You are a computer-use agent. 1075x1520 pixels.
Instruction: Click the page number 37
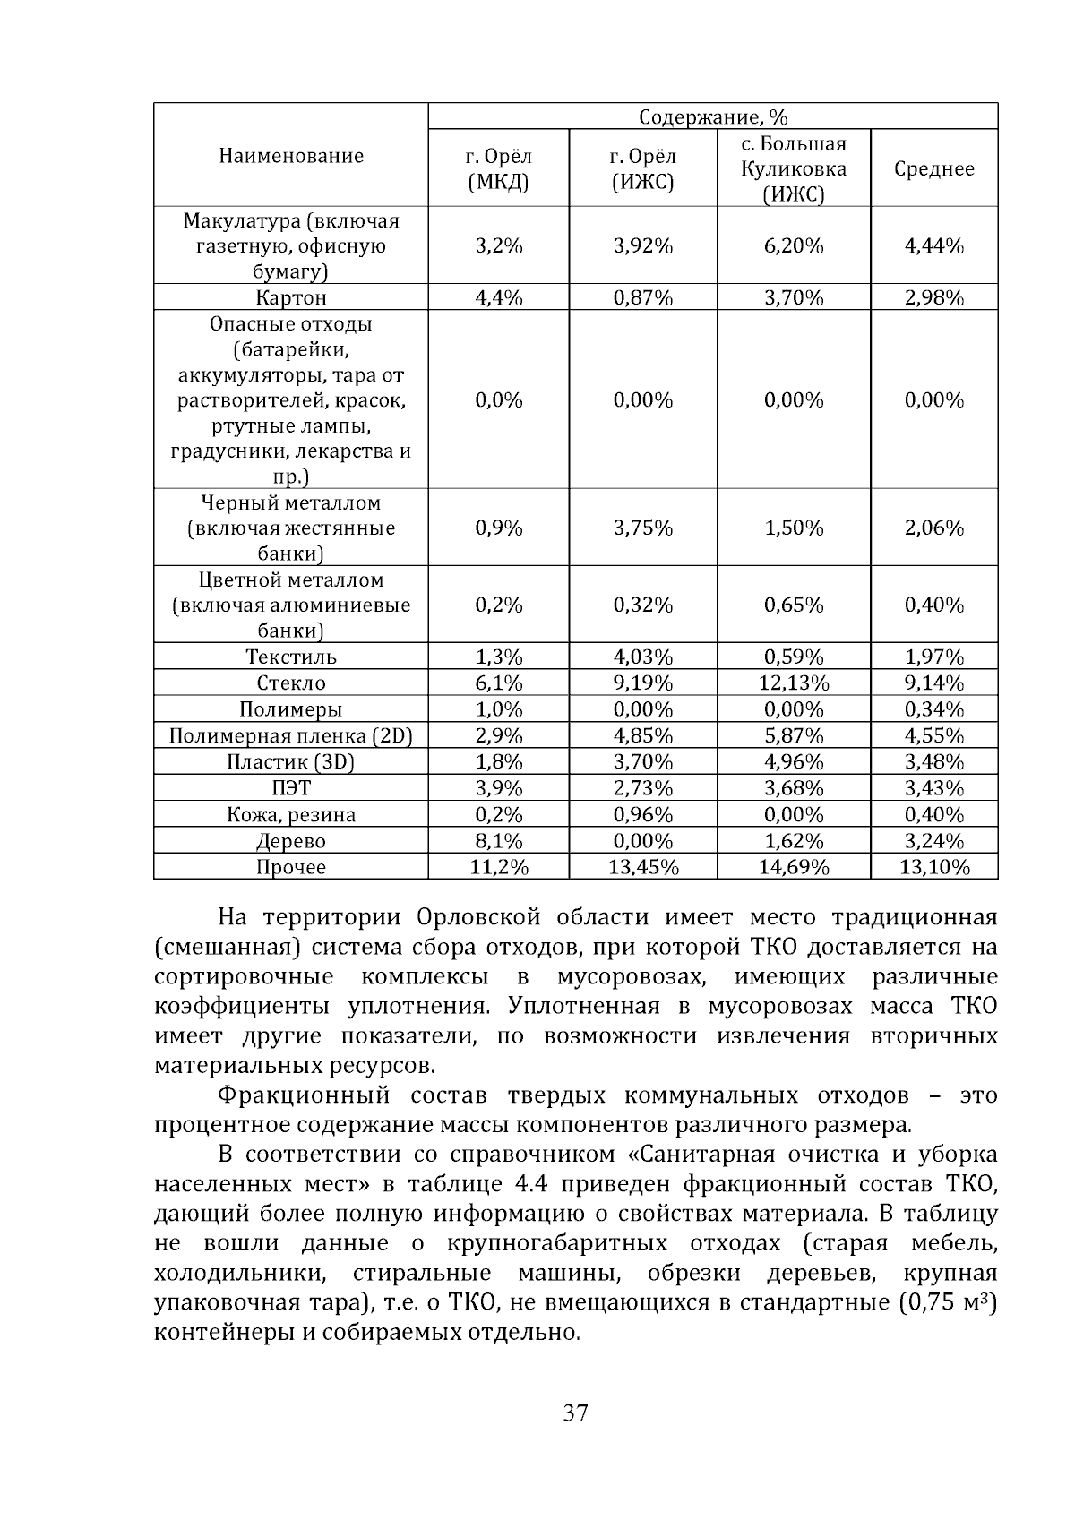(x=575, y=1413)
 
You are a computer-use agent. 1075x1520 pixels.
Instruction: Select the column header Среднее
(x=933, y=169)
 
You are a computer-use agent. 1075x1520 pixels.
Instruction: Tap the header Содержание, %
(x=712, y=117)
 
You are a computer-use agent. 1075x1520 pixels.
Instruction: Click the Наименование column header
(x=291, y=156)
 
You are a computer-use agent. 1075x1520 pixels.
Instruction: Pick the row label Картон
(x=291, y=298)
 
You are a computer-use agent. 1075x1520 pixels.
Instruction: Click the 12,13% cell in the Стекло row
(x=793, y=683)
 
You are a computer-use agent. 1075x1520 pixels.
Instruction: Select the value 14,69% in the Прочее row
(x=793, y=867)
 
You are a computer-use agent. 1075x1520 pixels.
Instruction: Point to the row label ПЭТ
(x=291, y=789)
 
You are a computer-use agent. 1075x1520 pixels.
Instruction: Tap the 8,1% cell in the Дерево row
(x=498, y=841)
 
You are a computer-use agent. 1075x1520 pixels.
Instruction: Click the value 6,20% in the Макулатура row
(x=793, y=246)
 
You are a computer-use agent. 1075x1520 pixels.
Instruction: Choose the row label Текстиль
(x=291, y=657)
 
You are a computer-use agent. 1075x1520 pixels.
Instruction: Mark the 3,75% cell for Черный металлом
(x=642, y=528)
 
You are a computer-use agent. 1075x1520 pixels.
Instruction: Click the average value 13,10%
(x=933, y=867)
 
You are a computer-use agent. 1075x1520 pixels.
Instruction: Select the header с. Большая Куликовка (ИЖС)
(x=793, y=169)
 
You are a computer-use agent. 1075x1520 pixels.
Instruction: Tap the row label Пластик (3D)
(x=291, y=762)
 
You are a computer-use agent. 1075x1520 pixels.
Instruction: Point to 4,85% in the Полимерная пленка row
(x=642, y=736)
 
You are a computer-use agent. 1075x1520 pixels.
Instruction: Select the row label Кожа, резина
(x=291, y=815)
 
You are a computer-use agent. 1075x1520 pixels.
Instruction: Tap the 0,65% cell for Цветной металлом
(x=793, y=605)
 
